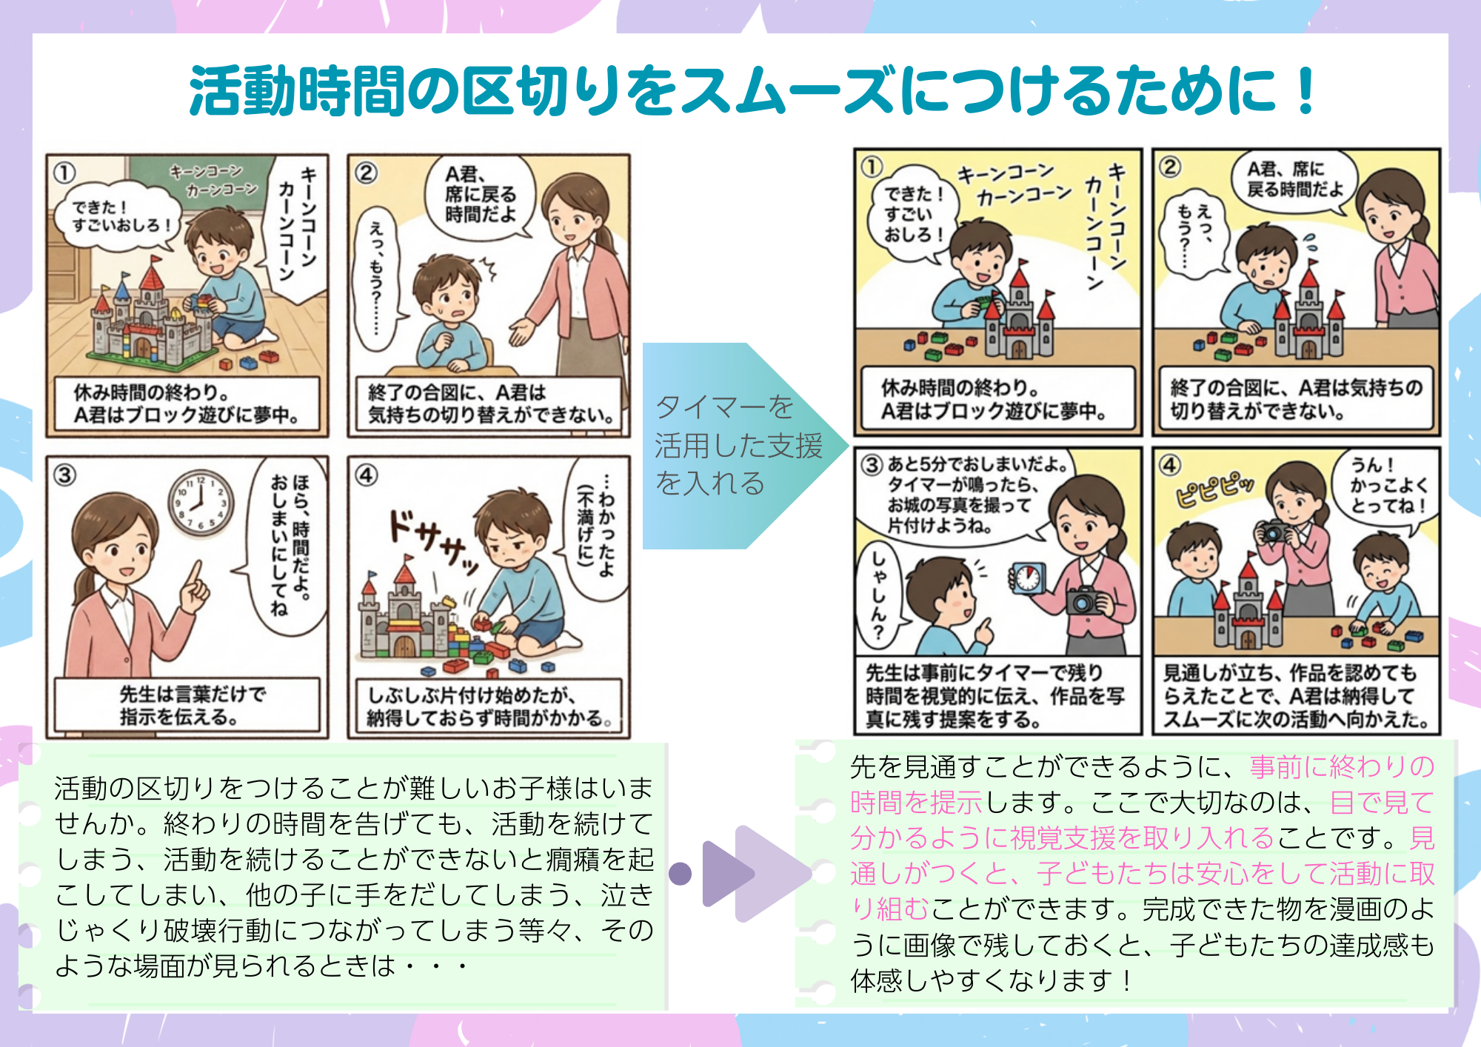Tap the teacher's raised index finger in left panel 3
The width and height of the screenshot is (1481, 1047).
195,575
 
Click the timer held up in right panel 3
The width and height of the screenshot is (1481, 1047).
1028,578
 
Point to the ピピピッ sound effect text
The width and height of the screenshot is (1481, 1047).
1214,490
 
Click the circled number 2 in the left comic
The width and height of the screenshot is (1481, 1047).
366,173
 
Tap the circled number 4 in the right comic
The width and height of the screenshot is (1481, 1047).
1170,465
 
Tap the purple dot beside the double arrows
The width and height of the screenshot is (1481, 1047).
680,874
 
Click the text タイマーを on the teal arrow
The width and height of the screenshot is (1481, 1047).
724,407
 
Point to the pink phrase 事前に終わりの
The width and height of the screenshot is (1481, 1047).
1342,766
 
